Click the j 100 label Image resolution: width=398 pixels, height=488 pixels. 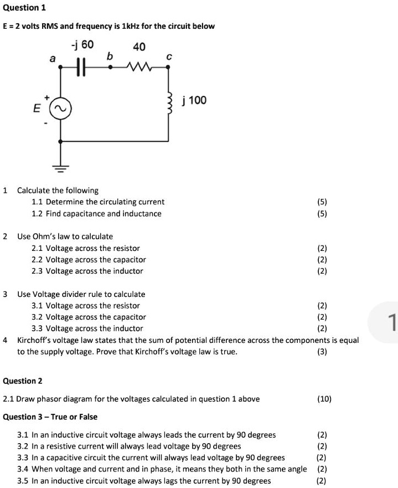tap(194, 100)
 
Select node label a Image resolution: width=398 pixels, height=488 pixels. tap(52, 57)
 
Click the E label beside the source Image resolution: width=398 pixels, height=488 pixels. tap(38, 109)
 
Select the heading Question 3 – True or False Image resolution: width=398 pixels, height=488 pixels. tap(50, 417)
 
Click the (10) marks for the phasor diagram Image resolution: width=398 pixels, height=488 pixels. tap(324, 399)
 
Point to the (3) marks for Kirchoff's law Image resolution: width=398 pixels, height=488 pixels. tap(322, 352)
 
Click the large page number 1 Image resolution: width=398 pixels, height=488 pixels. tap(391, 322)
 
